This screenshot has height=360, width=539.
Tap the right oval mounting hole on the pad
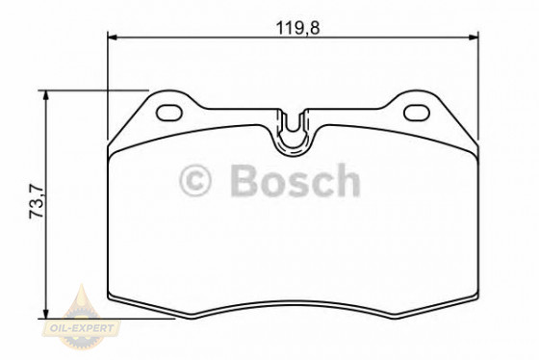[x=417, y=111]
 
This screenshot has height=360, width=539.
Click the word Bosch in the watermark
[x=293, y=180]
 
